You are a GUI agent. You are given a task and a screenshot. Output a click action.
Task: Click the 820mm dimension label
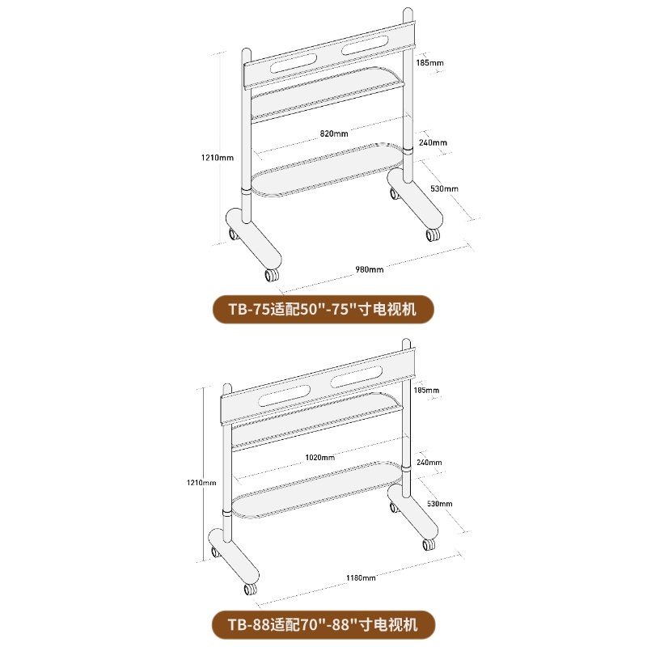(334, 133)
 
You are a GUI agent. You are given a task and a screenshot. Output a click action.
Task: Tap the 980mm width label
(370, 269)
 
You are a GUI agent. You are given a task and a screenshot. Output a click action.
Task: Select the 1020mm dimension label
(319, 457)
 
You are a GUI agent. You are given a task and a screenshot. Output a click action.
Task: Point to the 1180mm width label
(361, 577)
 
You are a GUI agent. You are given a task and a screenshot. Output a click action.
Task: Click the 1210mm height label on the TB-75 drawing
(217, 157)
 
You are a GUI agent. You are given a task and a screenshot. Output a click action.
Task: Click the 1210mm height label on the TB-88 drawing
(201, 482)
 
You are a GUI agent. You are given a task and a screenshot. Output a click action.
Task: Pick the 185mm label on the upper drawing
(429, 63)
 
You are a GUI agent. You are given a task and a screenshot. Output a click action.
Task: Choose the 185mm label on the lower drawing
(426, 390)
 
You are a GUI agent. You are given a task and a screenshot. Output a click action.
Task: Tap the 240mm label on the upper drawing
(433, 142)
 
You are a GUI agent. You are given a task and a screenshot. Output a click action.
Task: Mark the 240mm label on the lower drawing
(429, 462)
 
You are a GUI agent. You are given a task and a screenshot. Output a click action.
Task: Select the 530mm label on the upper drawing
(444, 188)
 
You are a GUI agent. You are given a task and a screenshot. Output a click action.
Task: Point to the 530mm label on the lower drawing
(439, 503)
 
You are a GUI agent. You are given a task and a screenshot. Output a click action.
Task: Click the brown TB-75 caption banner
(323, 309)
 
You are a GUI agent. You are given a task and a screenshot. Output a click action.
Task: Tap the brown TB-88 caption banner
(323, 624)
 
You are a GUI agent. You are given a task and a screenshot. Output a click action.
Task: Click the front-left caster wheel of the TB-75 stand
(272, 275)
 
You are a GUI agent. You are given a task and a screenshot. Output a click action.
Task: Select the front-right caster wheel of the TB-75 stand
(433, 235)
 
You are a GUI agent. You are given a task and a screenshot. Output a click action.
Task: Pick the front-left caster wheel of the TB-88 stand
(250, 589)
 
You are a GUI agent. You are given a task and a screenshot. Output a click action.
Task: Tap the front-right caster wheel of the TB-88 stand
(429, 544)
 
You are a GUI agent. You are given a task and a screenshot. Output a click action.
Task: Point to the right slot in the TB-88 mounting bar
(355, 376)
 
